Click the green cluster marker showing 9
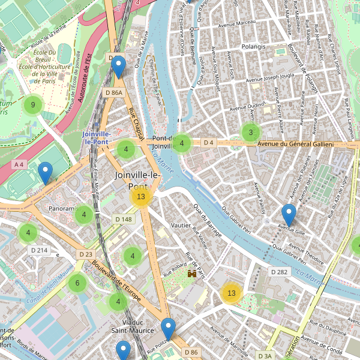point(33,106)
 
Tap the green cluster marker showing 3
point(251,133)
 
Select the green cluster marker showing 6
point(77,283)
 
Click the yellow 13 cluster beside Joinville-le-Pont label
point(141,197)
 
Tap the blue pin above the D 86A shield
point(118,67)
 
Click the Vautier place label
point(181,225)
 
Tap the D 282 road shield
point(280,272)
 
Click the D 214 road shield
point(38,250)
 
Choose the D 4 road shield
point(208,143)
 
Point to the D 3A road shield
point(264,356)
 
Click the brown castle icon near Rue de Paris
point(192,273)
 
